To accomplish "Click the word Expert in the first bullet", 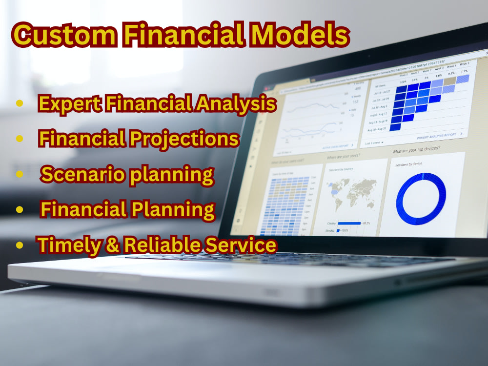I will pos(66,104).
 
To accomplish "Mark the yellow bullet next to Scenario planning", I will pos(20,174).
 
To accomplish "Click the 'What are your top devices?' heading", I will pos(416,150).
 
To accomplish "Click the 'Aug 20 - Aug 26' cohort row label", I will pos(376,129).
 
